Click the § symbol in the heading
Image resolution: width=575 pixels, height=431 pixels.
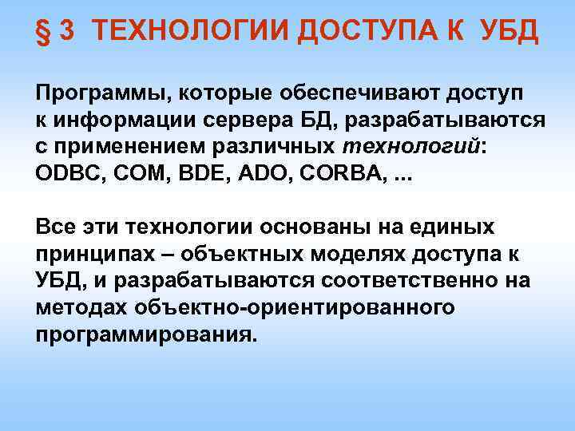[42, 34]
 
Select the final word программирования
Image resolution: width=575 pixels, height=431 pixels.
[146, 334]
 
